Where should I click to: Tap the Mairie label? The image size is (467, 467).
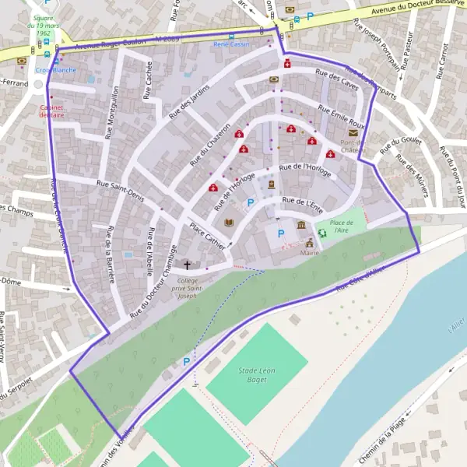click(310, 253)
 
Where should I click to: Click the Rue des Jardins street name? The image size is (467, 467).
click(188, 100)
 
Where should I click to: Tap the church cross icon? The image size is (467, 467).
click(187, 265)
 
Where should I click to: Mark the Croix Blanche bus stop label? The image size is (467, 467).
click(55, 69)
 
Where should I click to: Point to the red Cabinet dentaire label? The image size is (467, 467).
click(51, 111)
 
